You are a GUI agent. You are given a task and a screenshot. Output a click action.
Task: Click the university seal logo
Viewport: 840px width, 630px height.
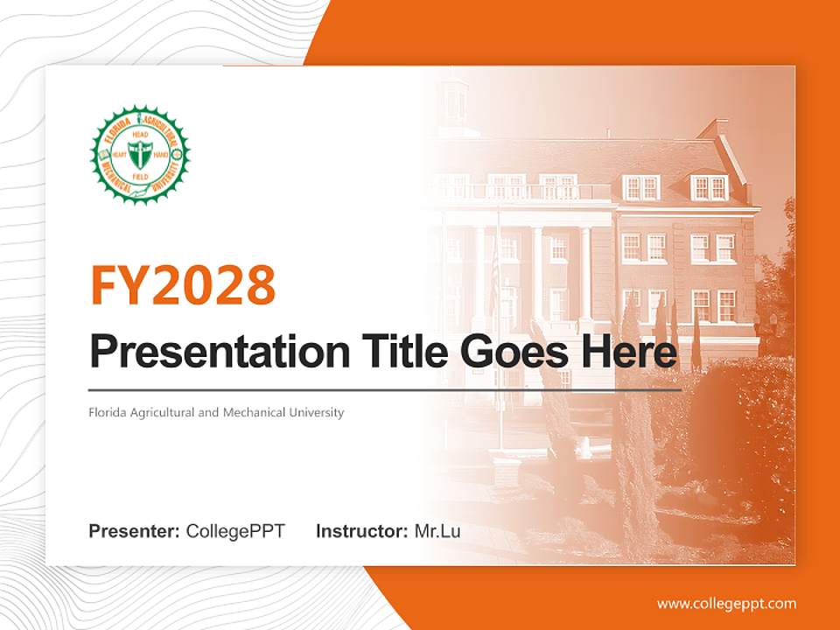point(140,154)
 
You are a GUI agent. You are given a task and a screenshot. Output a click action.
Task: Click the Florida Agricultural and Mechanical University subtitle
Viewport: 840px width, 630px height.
point(216,412)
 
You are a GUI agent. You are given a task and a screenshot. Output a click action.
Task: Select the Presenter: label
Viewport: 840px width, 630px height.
point(135,531)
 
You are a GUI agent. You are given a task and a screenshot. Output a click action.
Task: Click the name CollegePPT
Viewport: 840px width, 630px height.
point(235,531)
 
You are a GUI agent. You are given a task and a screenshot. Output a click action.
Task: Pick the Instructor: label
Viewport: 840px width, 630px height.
point(361,531)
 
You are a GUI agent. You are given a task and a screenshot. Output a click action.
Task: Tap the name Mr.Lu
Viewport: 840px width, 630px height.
point(437,531)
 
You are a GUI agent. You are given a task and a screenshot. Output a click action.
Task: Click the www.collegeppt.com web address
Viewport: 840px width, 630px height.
point(726,603)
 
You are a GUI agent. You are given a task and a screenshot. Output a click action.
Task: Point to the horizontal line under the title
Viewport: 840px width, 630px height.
point(385,389)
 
